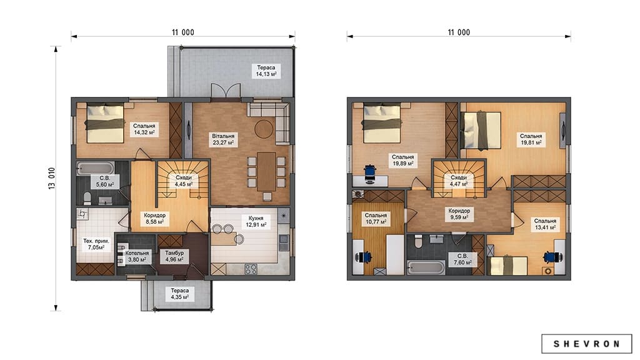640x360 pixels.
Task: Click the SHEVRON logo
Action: point(586,344)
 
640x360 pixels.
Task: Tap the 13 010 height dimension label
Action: point(52,178)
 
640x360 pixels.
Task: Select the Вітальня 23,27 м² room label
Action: point(223,139)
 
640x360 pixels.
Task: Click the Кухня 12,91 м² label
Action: point(256,221)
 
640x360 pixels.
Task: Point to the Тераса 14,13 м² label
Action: point(266,71)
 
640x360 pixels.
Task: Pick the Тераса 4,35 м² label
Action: point(179,294)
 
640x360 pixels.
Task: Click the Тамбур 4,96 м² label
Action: point(174,256)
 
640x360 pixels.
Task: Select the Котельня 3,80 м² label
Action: point(137,256)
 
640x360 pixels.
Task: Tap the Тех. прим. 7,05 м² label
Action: point(96,244)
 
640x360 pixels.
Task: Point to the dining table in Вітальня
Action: point(266,171)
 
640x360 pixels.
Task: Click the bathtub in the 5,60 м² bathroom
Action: point(96,169)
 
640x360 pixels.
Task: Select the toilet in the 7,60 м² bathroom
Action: point(418,242)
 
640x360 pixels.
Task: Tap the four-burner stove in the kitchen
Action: point(251,269)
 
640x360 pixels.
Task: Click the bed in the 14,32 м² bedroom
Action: point(105,123)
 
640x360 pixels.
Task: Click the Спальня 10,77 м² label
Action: point(376,218)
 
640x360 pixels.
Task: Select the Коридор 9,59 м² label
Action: point(459,214)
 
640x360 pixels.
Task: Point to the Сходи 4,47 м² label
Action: point(459,181)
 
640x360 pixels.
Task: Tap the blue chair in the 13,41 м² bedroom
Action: point(552,256)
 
